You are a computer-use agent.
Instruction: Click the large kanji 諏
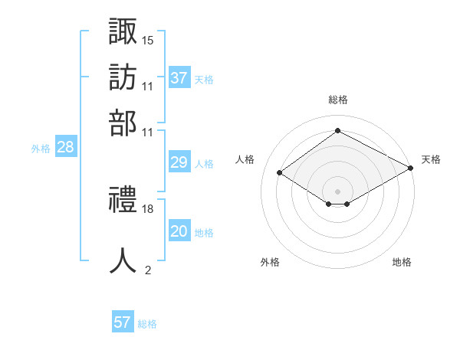click(x=123, y=31)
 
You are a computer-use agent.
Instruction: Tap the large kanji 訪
click(x=123, y=77)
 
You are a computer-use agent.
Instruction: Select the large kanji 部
click(x=123, y=123)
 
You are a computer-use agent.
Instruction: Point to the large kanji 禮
click(x=123, y=199)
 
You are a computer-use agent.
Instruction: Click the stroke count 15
click(x=147, y=41)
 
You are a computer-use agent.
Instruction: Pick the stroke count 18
click(x=147, y=209)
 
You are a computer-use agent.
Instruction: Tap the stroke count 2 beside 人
click(x=148, y=270)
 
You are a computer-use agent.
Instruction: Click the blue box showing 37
click(x=179, y=77)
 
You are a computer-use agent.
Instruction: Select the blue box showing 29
click(x=179, y=162)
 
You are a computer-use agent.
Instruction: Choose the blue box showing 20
click(x=179, y=230)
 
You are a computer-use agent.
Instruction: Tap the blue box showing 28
click(x=66, y=146)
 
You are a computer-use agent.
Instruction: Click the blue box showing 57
click(x=123, y=321)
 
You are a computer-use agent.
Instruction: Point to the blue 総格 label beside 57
click(x=147, y=324)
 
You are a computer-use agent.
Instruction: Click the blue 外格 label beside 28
click(x=41, y=149)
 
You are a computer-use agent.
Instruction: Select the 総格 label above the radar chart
click(x=338, y=100)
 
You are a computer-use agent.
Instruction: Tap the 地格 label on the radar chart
click(x=402, y=262)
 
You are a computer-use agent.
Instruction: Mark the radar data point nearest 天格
click(x=411, y=168)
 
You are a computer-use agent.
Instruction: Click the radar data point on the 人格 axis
click(x=280, y=172)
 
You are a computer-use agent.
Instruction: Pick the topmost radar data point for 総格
click(x=337, y=130)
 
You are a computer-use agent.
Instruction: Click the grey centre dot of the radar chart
click(x=337, y=191)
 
